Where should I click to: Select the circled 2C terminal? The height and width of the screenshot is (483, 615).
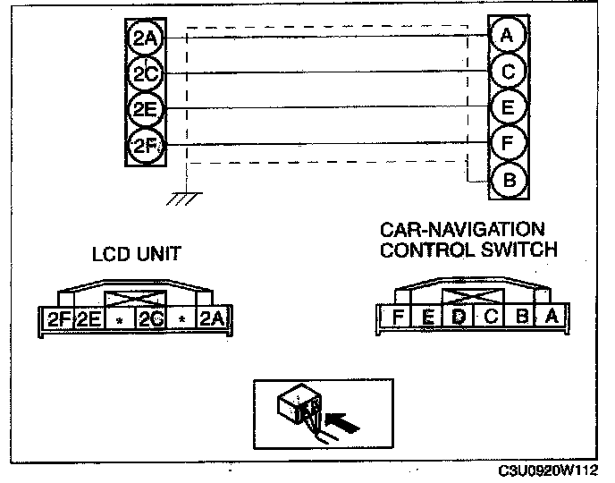(144, 72)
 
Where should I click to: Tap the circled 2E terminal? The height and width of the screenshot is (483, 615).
(144, 108)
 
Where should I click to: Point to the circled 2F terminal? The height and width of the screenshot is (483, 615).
(144, 144)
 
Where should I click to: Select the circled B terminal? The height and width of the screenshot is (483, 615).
(508, 181)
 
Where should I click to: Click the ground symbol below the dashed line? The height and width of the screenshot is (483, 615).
(184, 198)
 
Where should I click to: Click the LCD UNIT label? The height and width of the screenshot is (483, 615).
(137, 254)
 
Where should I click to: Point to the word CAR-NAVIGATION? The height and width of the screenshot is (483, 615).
(462, 232)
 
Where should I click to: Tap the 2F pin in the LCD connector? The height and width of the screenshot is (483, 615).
(58, 318)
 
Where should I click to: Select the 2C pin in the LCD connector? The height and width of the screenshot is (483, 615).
(149, 318)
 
